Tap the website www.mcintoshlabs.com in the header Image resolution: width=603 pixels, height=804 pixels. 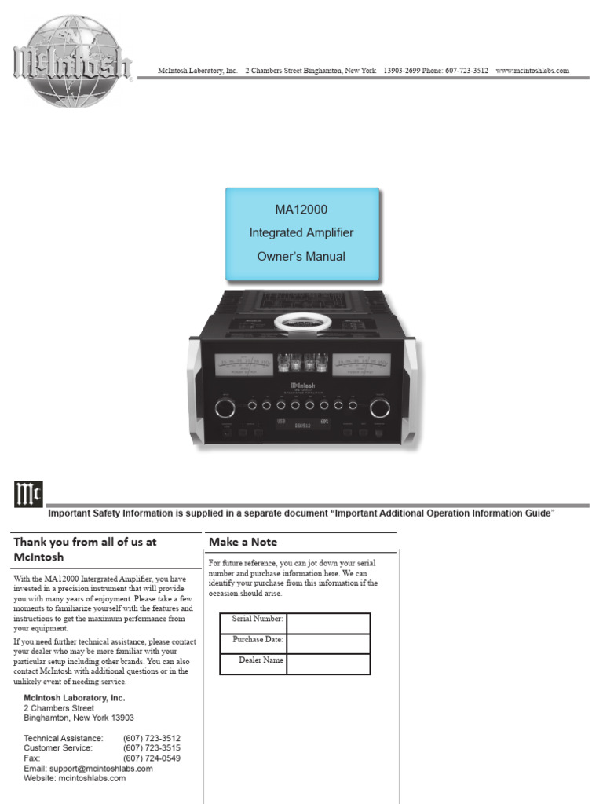click(x=532, y=71)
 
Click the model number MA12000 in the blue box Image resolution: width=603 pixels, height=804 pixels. click(x=301, y=210)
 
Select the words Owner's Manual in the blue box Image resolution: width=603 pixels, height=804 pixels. click(x=301, y=257)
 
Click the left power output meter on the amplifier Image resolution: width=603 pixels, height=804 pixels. click(x=243, y=366)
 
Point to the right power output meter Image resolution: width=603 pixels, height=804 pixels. click(x=360, y=366)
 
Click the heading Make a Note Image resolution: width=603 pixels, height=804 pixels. click(x=243, y=542)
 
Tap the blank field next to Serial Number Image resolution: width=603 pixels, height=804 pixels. click(x=328, y=623)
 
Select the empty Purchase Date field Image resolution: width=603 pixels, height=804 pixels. click(x=328, y=644)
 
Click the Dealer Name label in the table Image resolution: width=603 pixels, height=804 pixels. click(x=261, y=660)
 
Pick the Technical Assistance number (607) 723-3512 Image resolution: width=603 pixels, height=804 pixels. click(x=152, y=738)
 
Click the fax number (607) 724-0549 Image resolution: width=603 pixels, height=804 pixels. click(x=152, y=758)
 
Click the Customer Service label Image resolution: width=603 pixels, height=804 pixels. click(x=62, y=748)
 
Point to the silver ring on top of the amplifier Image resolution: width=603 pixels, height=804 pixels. click(x=302, y=322)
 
